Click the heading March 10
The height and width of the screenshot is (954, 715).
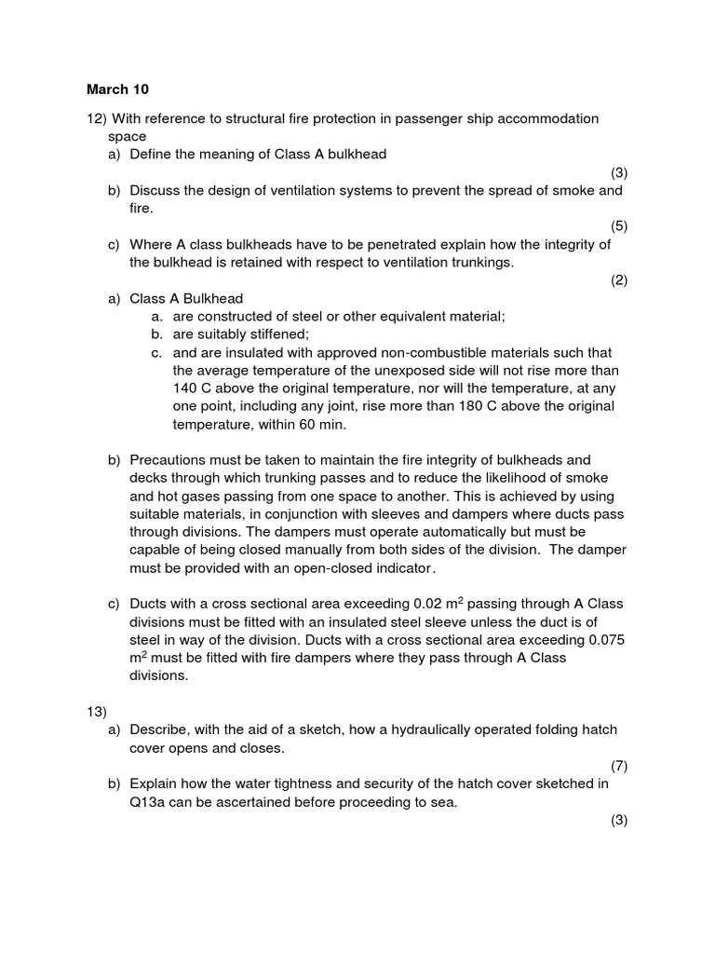pos(117,89)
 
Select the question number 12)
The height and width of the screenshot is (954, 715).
pos(97,118)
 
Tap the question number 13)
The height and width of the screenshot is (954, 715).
pos(97,712)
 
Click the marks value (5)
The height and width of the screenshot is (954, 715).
pos(619,226)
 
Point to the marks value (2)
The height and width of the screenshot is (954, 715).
pos(619,280)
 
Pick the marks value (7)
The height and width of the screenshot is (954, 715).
pos(619,766)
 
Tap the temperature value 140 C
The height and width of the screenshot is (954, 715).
pos(192,388)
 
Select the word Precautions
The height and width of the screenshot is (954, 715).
pos(168,460)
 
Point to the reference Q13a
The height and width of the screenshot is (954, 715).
pos(150,802)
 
